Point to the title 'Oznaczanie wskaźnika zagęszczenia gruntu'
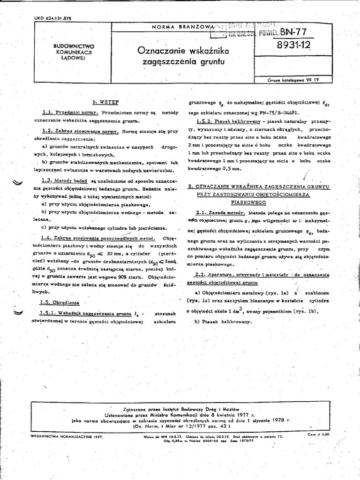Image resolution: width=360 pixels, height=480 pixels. click(x=180, y=55)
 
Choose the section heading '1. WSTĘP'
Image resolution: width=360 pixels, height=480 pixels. click(x=105, y=101)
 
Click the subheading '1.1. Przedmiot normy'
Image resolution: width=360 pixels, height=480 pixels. click(x=70, y=113)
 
